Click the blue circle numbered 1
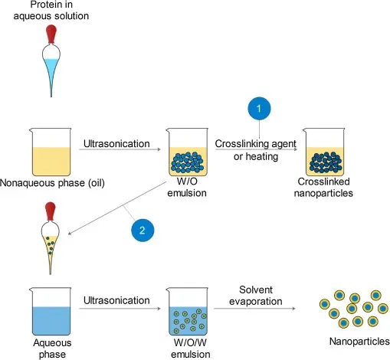click(259, 108)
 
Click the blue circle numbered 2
click(143, 230)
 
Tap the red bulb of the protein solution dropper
click(51, 34)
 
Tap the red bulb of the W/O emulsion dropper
click(51, 211)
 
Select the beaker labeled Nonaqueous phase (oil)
click(51, 152)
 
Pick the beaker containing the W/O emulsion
click(188, 152)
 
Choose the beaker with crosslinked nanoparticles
click(324, 152)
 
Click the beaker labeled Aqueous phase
click(51, 311)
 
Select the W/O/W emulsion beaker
click(188, 311)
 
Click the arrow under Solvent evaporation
click(254, 309)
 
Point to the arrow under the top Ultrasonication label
click(120, 149)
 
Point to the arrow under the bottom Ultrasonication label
click(120, 309)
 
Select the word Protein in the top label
click(51, 5)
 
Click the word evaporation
click(256, 302)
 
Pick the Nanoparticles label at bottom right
click(359, 342)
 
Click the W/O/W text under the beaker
click(190, 342)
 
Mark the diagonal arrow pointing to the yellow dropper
click(117, 208)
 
